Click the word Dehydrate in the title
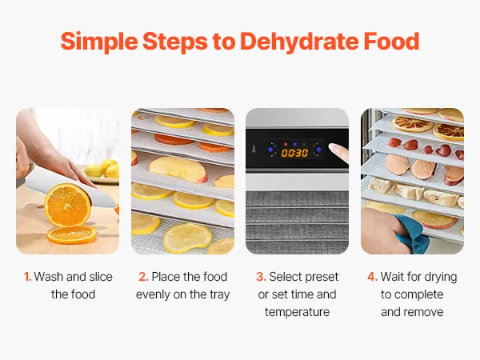[299, 42]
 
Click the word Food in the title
[391, 41]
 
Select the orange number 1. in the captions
[27, 277]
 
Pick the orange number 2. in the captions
[143, 277]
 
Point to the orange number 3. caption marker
[261, 277]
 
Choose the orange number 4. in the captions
[372, 277]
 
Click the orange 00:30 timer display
[294, 153]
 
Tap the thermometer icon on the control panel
[254, 150]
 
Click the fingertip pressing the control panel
[336, 150]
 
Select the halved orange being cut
[68, 206]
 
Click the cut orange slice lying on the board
[72, 235]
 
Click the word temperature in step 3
[298, 312]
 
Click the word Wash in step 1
[49, 277]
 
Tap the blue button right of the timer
[318, 150]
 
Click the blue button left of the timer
[270, 150]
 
